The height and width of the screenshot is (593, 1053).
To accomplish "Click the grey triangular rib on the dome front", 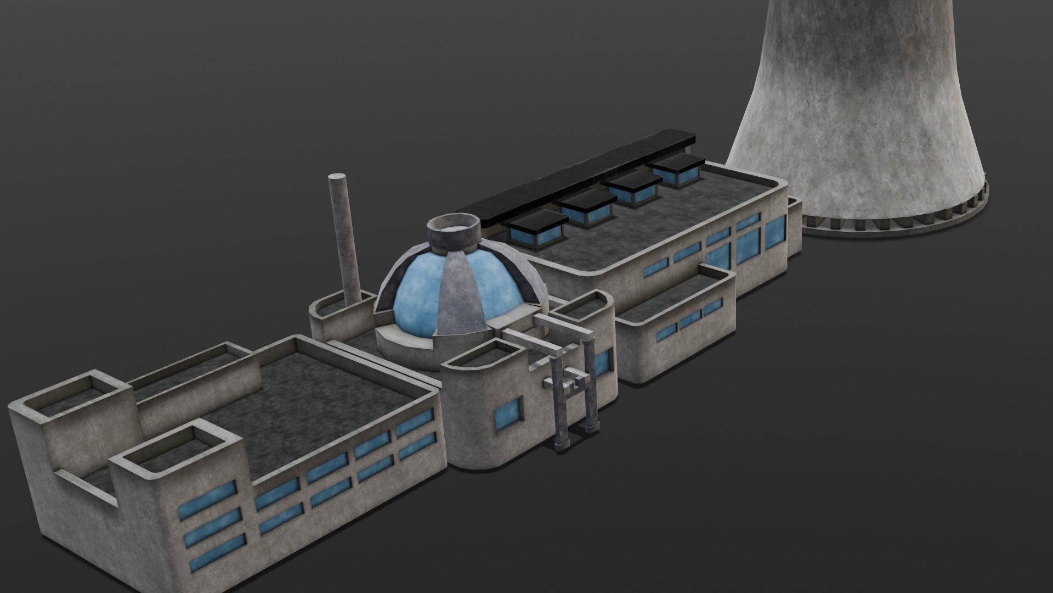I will [462, 296].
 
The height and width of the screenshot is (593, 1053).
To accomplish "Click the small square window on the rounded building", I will [508, 414].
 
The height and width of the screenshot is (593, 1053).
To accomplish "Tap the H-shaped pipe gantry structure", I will [570, 384].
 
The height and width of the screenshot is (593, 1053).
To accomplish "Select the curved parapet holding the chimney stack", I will [335, 313].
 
